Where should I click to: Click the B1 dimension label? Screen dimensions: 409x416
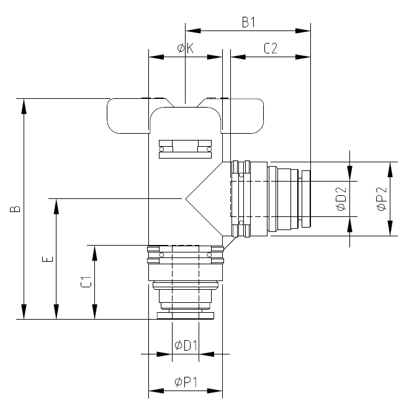pyautogui.click(x=249, y=22)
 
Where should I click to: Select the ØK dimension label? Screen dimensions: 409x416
pyautogui.click(x=186, y=49)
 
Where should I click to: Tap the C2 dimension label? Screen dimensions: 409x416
pyautogui.click(x=271, y=49)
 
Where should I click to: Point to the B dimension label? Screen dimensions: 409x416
pyautogui.click(x=15, y=209)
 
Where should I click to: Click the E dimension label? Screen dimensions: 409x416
pyautogui.click(x=48, y=259)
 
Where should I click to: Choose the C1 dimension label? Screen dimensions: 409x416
pyautogui.click(x=86, y=282)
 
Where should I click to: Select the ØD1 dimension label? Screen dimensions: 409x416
pyautogui.click(x=186, y=346)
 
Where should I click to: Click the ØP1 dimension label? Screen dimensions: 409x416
pyautogui.click(x=186, y=382)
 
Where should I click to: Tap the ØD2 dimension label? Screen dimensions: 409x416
pyautogui.click(x=341, y=199)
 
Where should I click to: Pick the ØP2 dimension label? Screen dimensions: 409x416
pyautogui.click(x=382, y=199)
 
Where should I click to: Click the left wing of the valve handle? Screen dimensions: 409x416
pyautogui.click(x=128, y=116)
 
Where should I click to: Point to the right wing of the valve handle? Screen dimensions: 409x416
pyautogui.click(x=242, y=116)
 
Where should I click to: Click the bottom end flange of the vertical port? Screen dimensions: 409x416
pyautogui.click(x=186, y=316)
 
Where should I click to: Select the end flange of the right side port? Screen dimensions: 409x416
pyautogui.click(x=307, y=199)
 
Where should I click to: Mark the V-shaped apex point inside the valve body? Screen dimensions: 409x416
pyautogui.click(x=186, y=198)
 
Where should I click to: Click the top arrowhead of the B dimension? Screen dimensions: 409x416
pyautogui.click(x=24, y=106)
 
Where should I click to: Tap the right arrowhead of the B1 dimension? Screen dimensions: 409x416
pyautogui.click(x=303, y=30)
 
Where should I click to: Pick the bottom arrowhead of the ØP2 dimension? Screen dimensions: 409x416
pyautogui.click(x=390, y=228)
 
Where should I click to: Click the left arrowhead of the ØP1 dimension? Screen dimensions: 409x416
pyautogui.click(x=156, y=391)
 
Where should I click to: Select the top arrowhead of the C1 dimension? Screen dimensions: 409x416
pyautogui.click(x=95, y=253)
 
